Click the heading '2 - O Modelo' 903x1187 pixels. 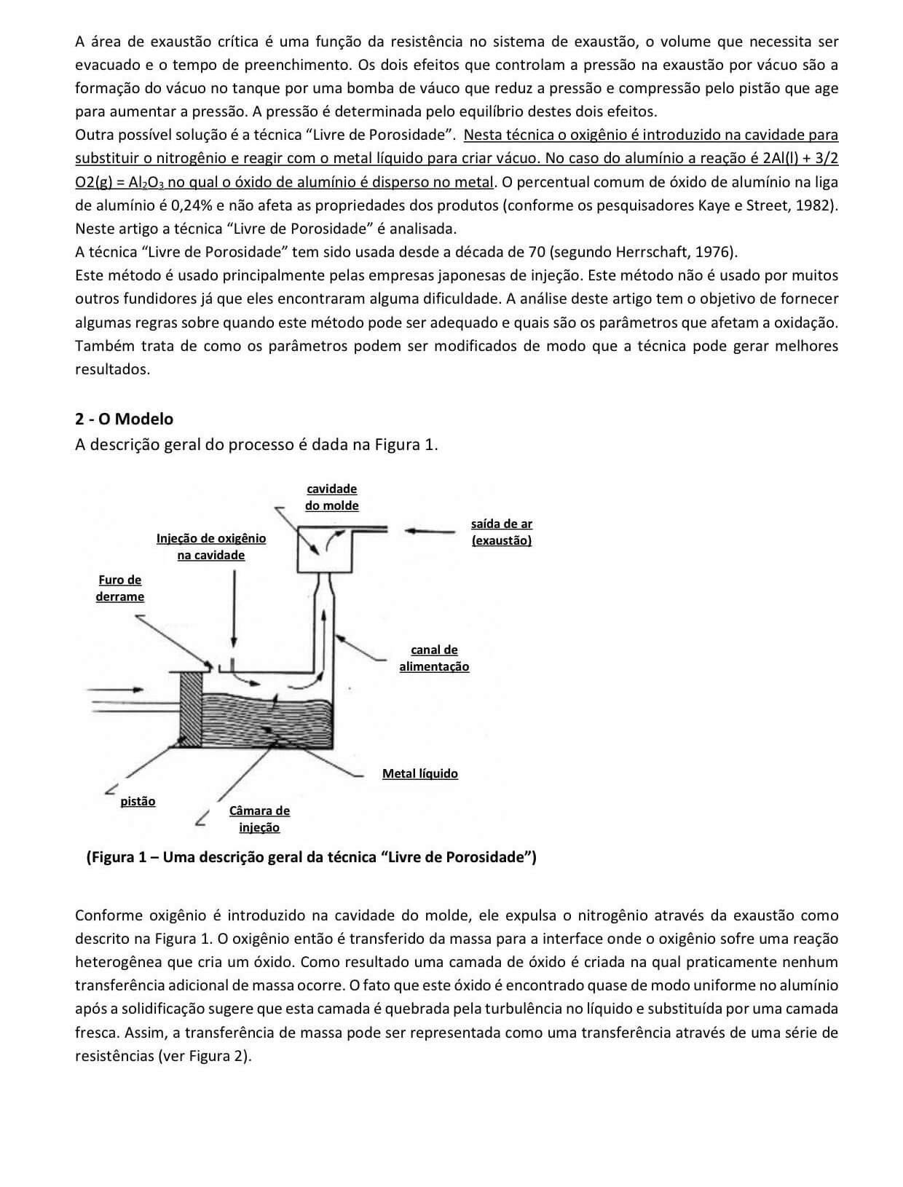click(x=124, y=419)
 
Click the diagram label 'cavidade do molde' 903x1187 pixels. click(x=331, y=497)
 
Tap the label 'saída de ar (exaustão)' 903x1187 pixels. click(x=501, y=532)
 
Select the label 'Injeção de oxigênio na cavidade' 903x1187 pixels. click(x=211, y=547)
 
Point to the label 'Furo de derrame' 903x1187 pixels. click(x=119, y=588)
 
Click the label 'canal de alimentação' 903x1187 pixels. click(x=434, y=658)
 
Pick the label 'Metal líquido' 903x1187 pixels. click(x=419, y=773)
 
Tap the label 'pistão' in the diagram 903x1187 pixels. click(x=138, y=801)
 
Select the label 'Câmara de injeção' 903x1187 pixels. click(x=259, y=819)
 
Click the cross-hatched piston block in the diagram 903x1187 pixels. click(x=189, y=708)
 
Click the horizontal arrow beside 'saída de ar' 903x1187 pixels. click(x=433, y=531)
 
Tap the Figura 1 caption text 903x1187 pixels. click(x=311, y=857)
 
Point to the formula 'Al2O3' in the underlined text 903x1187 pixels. click(x=146, y=182)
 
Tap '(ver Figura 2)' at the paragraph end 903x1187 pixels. click(x=204, y=1056)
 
